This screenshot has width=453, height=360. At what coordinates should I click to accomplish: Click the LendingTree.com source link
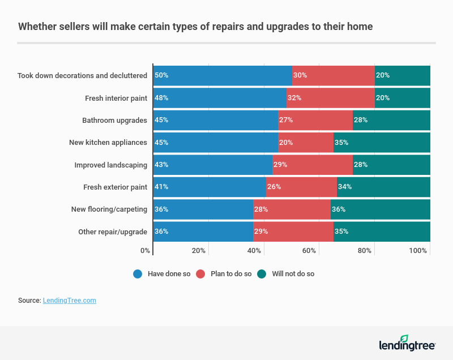tap(69, 301)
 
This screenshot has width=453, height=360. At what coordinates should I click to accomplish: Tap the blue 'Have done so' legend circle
tap(138, 274)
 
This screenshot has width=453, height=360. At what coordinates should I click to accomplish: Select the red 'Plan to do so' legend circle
tap(200, 274)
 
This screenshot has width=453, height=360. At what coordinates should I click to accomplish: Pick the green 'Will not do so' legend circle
tap(262, 274)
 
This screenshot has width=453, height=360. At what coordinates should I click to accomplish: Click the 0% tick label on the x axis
tap(145, 250)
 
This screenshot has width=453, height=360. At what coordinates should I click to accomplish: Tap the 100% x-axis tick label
tap(418, 250)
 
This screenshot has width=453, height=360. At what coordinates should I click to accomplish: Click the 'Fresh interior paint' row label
tap(116, 98)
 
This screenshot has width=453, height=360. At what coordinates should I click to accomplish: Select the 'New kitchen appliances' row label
tap(108, 143)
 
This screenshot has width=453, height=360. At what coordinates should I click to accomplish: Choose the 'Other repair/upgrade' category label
tap(112, 232)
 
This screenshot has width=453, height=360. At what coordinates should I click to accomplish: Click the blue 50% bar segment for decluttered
tap(222, 75)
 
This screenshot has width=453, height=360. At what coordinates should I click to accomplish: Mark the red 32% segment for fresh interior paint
tap(330, 98)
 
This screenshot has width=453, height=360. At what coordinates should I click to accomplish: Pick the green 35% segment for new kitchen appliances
tap(382, 143)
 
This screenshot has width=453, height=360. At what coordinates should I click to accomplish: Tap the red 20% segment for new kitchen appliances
tap(306, 143)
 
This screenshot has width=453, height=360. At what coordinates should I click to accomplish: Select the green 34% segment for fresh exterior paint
tap(383, 187)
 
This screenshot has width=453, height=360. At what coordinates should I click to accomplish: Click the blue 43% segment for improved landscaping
tap(212, 165)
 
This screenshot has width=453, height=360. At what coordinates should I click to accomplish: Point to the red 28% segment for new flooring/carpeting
tap(292, 209)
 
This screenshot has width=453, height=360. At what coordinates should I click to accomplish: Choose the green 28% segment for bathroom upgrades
tap(391, 120)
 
